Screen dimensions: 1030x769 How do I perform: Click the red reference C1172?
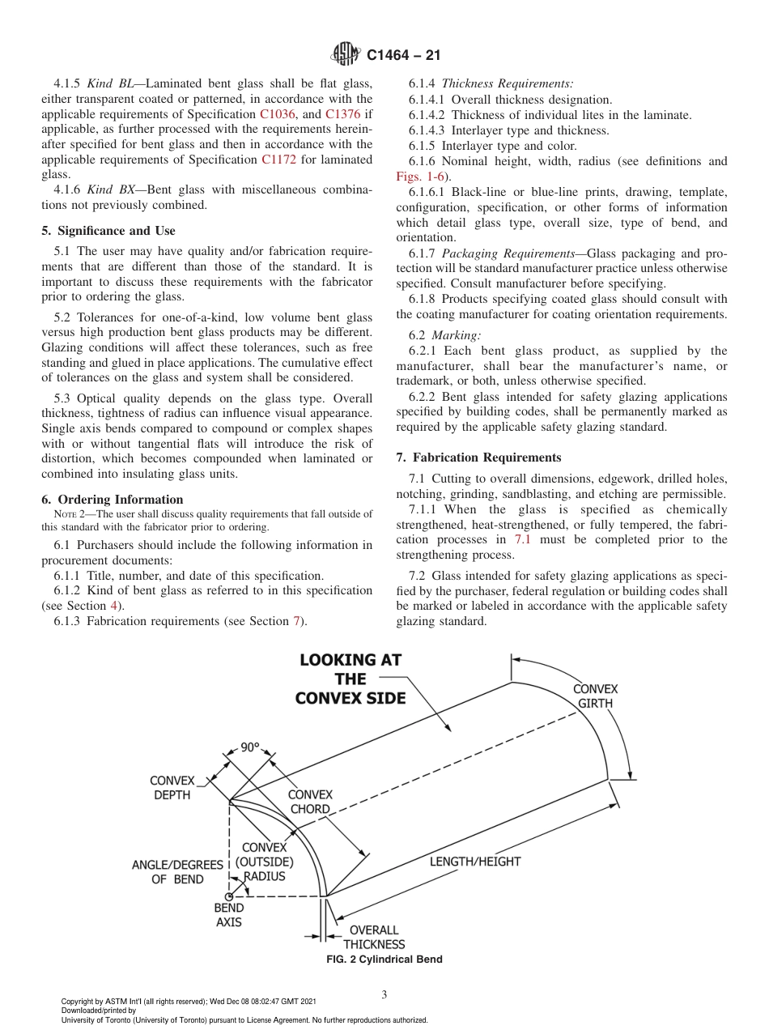click(x=278, y=160)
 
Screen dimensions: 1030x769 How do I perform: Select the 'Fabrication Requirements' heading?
click(x=478, y=458)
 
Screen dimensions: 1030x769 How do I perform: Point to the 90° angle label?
click(x=249, y=747)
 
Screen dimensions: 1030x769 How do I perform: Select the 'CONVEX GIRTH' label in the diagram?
click(x=595, y=696)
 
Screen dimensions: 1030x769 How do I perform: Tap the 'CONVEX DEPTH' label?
click(x=172, y=788)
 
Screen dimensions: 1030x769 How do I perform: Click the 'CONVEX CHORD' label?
click(x=310, y=802)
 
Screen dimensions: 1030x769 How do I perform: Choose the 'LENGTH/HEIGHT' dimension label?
click(x=474, y=862)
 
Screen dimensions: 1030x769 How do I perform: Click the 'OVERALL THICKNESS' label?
click(x=373, y=937)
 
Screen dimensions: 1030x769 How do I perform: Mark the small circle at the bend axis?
click(x=229, y=896)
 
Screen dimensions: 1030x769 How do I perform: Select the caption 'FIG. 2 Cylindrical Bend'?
click(x=384, y=960)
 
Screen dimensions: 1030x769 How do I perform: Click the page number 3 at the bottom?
click(x=384, y=994)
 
